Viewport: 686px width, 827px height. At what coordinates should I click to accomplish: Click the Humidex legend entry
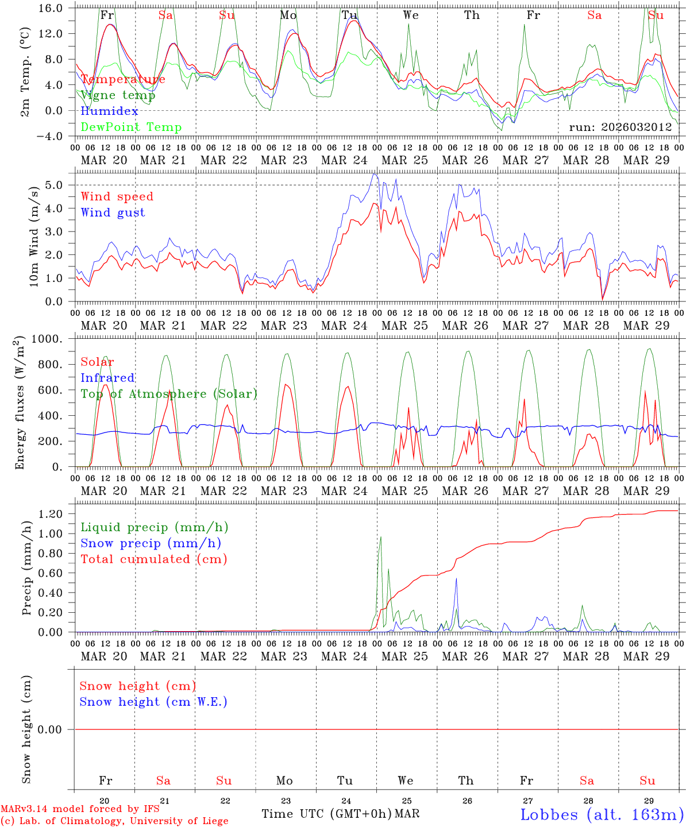click(109, 111)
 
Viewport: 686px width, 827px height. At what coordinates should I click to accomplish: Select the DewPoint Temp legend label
click(131, 127)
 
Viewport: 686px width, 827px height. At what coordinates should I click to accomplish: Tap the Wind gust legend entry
click(113, 212)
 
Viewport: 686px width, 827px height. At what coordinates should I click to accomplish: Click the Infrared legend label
click(107, 378)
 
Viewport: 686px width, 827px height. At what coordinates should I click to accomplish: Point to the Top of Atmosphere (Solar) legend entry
click(169, 394)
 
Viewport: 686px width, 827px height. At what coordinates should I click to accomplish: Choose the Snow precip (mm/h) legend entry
click(151, 543)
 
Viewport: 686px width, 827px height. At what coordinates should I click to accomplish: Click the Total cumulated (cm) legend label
click(153, 559)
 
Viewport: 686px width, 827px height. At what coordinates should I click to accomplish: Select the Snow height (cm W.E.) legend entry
click(153, 702)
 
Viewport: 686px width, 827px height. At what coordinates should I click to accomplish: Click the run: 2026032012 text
click(620, 127)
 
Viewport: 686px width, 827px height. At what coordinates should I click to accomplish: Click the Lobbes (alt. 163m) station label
click(602, 814)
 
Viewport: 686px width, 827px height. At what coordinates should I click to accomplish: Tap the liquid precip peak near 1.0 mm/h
click(380, 538)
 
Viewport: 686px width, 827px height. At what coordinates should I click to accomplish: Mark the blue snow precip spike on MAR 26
click(456, 579)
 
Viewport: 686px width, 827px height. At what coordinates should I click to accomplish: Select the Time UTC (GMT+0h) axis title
click(326, 814)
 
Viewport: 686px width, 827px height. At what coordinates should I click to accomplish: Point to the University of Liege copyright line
click(114, 821)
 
